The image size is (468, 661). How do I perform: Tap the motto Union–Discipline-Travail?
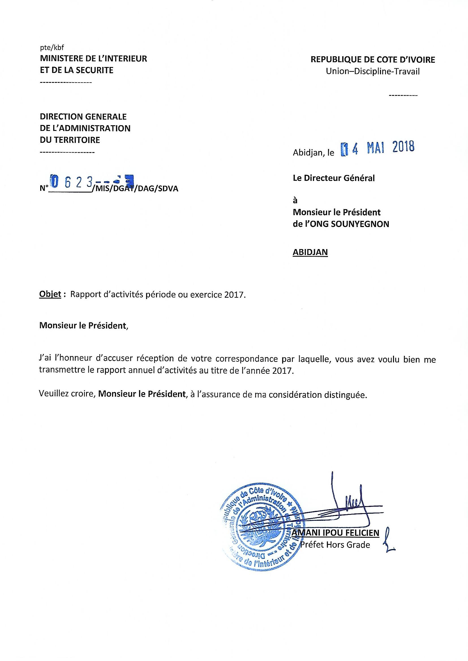372,72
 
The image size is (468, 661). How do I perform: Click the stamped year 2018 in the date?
403,147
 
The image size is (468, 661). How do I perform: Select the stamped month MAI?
375,148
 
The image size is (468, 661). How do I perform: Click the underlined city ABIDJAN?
310,252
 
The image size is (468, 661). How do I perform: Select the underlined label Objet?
50,295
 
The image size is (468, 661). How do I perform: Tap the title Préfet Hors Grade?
335,545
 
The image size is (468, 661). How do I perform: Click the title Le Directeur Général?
334,178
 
